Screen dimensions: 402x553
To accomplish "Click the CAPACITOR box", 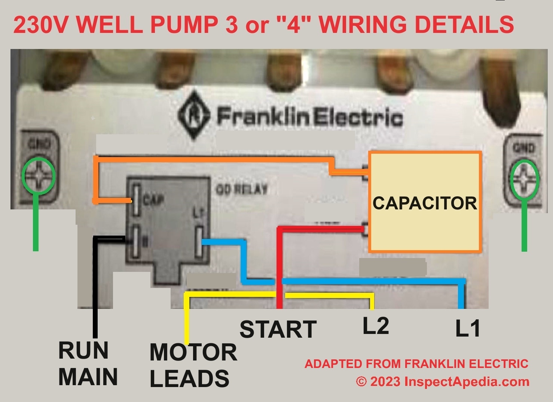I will coord(425,202).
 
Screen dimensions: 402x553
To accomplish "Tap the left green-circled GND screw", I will coord(38,176).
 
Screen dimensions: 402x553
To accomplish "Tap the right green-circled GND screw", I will coord(525,179).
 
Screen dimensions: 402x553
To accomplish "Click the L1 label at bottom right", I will coord(467,329).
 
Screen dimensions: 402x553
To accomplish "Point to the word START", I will coord(278,329).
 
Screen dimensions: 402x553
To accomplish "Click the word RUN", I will coord(83,350).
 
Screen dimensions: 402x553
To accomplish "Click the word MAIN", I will coord(88,377).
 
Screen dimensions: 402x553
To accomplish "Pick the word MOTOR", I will coord(193,352).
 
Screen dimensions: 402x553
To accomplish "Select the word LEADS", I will coord(189,378).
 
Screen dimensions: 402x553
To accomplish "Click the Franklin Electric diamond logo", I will coord(193,117).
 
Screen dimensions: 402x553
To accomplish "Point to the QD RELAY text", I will coord(241,189).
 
